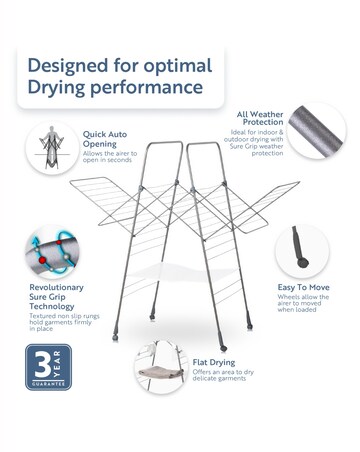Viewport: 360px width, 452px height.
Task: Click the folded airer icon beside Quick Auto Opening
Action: [x=50, y=147]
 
